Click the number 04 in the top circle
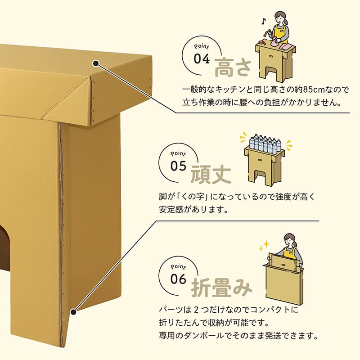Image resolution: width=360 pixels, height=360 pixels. pyautogui.click(x=202, y=59)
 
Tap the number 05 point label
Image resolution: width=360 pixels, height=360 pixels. pyautogui.click(x=178, y=166)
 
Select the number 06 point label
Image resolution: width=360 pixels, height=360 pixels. pyautogui.click(x=178, y=279)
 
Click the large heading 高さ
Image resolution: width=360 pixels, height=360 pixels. pyautogui.click(x=233, y=67)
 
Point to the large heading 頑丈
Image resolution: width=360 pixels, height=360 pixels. pyautogui.click(x=211, y=175)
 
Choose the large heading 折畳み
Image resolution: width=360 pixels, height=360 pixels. pyautogui.click(x=221, y=288)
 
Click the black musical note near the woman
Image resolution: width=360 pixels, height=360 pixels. pyautogui.click(x=263, y=21)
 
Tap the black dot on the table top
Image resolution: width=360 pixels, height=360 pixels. pyautogui.click(x=96, y=63)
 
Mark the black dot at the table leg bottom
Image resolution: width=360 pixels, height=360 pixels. pyautogui.click(x=73, y=312)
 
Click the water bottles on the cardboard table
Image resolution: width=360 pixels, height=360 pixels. pyautogui.click(x=265, y=144)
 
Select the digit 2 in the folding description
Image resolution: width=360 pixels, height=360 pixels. pyautogui.click(x=196, y=310)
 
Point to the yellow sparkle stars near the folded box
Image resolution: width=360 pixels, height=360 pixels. pyautogui.click(x=264, y=245)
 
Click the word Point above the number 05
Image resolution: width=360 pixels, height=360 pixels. pyautogui.click(x=178, y=153)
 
